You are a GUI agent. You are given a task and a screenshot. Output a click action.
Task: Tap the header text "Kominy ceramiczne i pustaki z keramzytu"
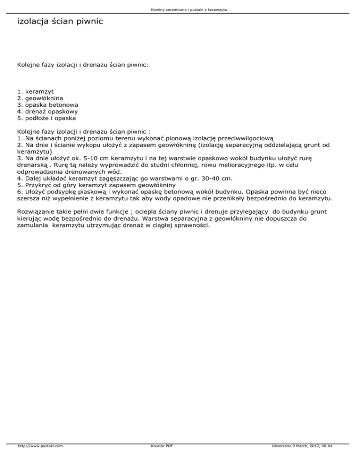180,10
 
